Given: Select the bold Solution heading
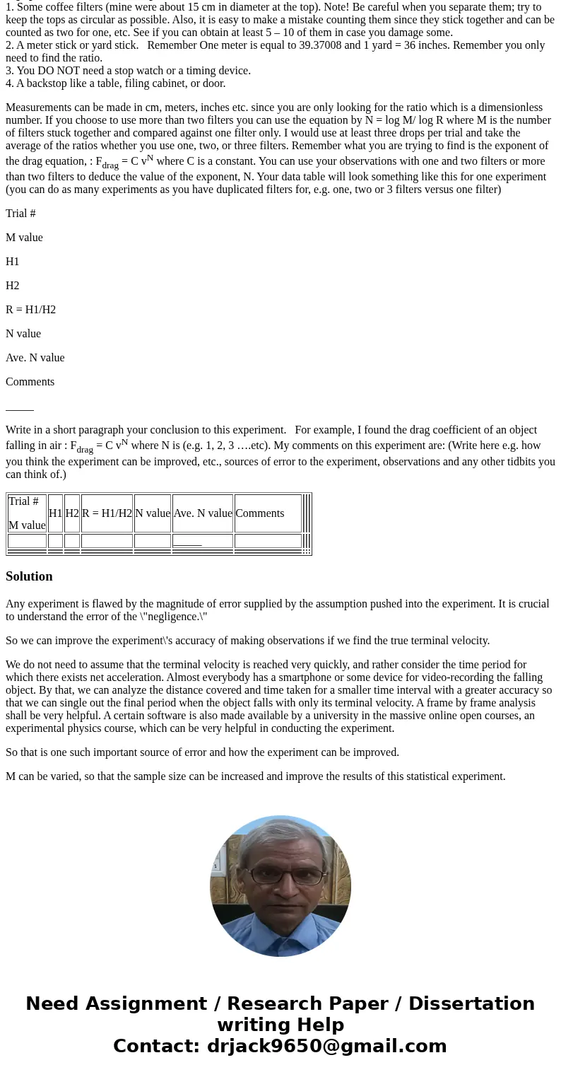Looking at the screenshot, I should coord(29,576).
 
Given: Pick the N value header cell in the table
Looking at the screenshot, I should coord(153,513).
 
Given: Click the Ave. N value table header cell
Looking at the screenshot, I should coord(203,513).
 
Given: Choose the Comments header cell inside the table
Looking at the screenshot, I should coord(260,513).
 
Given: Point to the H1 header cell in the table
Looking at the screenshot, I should coord(55,513).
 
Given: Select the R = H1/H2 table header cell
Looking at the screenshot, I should coord(107,513).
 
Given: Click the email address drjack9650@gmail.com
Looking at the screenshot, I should coord(326,1046).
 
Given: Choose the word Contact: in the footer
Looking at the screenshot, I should coord(157,1046).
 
